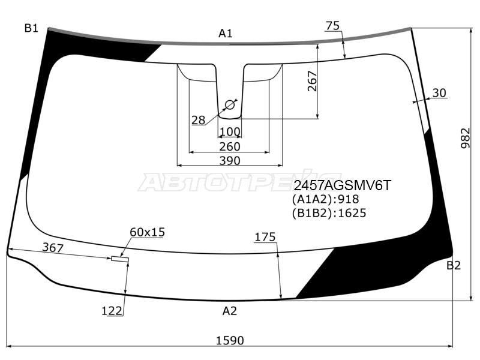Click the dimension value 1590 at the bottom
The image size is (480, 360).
click(230, 340)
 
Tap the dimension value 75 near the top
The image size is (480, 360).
click(332, 25)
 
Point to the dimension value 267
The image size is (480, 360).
click(311, 81)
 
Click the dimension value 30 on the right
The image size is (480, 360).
click(439, 92)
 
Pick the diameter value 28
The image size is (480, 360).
click(198, 120)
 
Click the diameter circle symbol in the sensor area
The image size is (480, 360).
click(229, 106)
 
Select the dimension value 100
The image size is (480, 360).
click(230, 132)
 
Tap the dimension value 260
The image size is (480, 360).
click(229, 146)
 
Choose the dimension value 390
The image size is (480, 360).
click(229, 160)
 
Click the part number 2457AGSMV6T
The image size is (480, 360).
click(341, 186)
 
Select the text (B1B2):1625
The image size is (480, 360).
click(329, 213)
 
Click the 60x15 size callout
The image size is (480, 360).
click(147, 232)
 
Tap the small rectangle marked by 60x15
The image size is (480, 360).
click(119, 259)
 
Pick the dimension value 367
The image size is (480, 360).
click(52, 247)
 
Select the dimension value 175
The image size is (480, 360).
click(265, 237)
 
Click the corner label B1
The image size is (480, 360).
click(31, 28)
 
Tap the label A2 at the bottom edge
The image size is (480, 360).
click(230, 310)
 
